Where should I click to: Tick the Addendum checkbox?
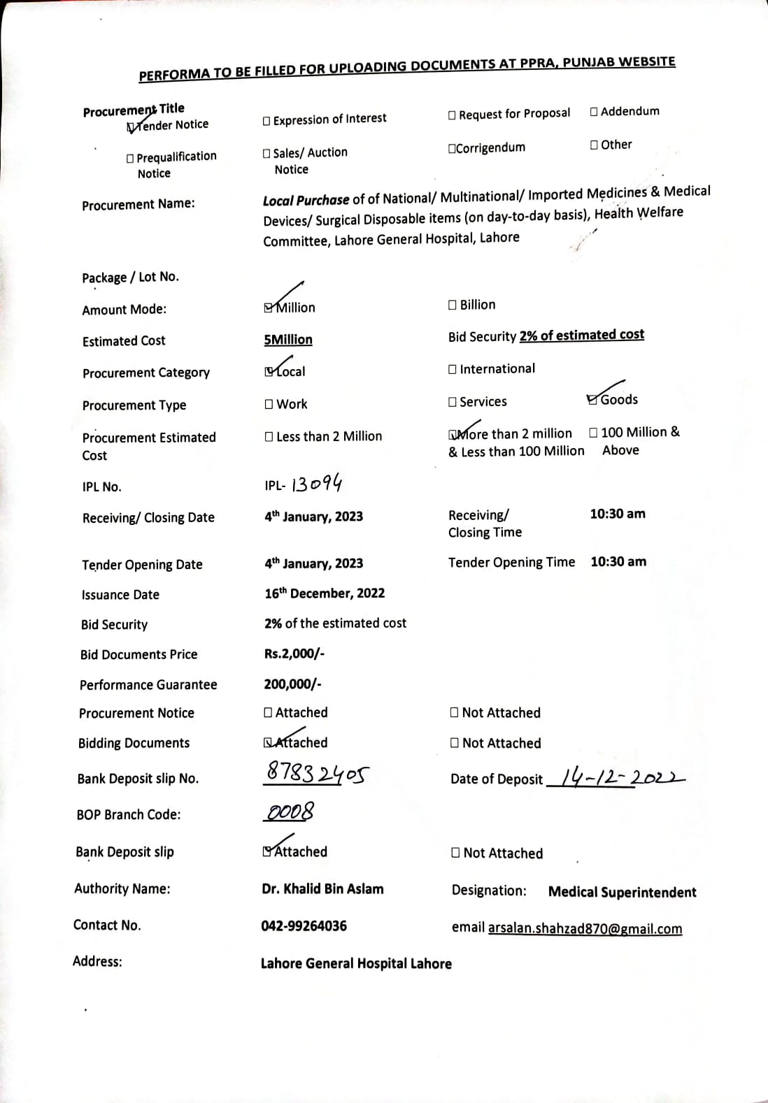pos(594,112)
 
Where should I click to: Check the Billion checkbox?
pos(453,305)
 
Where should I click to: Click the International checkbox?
pos(453,369)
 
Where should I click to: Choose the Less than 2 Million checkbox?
pos(269,437)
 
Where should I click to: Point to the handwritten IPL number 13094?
pos(316,484)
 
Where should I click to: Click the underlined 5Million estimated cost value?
pos(288,340)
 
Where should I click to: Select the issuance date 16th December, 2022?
pos(325,593)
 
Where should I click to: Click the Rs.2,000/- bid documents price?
pos(294,654)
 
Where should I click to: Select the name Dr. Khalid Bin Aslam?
pos(322,889)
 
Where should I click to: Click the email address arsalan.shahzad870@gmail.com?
pos(585,929)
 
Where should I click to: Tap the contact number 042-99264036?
pos(304,926)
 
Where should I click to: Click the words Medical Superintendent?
pos(622,893)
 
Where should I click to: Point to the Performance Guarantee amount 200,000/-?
pos(292,684)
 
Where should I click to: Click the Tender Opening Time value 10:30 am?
pos(618,562)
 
